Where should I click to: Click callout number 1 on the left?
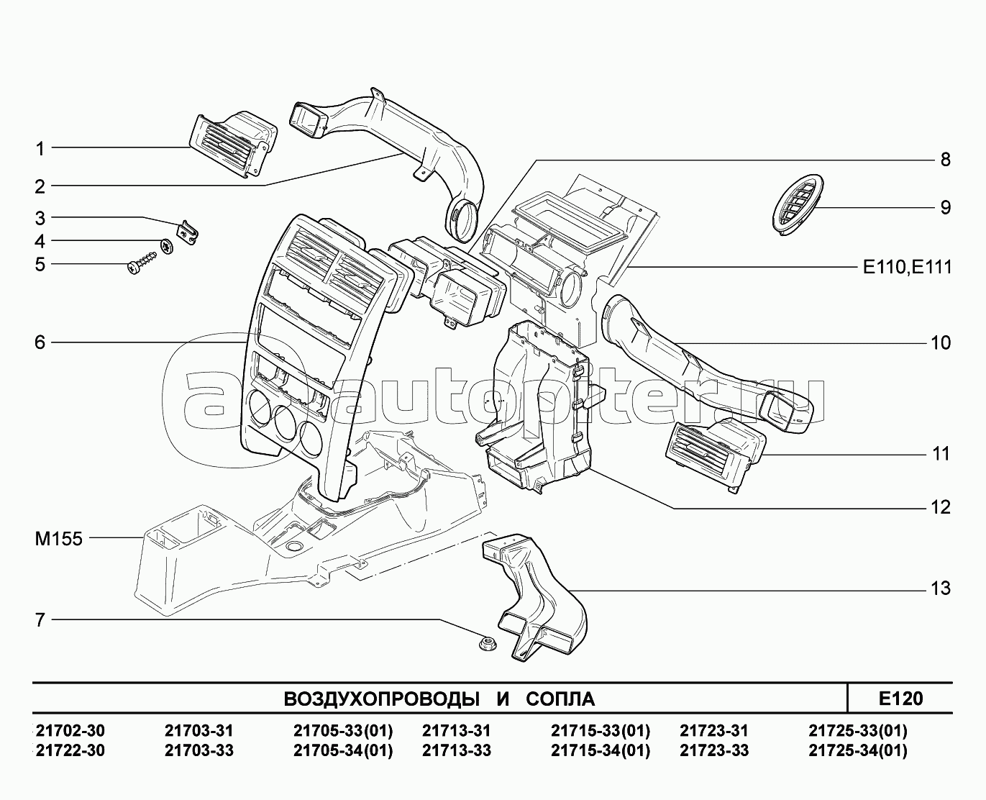pyautogui.click(x=40, y=149)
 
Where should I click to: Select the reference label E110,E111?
pyautogui.click(x=907, y=268)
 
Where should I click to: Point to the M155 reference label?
pyautogui.click(x=58, y=538)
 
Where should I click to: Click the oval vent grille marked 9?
pyautogui.click(x=797, y=203)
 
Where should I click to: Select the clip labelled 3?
pyautogui.click(x=189, y=230)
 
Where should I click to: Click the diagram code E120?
pyautogui.click(x=900, y=698)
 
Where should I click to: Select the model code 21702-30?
pyautogui.click(x=70, y=731)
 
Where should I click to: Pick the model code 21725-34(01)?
pyautogui.click(x=857, y=750)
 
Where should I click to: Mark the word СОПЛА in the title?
pyautogui.click(x=560, y=699)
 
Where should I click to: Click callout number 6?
pyautogui.click(x=40, y=342)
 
